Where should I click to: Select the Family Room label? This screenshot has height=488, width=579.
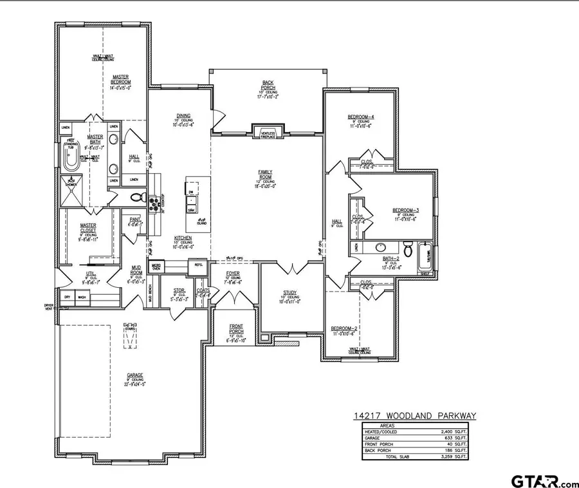pos(265,173)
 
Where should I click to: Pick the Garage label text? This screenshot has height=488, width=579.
pos(134,375)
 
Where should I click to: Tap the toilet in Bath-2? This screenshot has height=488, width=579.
pos(407,248)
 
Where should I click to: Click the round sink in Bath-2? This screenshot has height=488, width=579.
pos(380,247)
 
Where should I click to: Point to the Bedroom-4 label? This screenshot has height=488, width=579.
pos(361,117)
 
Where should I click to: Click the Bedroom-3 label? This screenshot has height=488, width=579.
pos(406,210)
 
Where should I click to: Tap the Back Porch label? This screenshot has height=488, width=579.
pos(268,83)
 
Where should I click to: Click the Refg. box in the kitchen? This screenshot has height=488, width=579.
pos(196,265)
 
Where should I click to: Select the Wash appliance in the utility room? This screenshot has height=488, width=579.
pos(82,297)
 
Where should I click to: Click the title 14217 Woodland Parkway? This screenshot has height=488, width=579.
pos(414,416)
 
